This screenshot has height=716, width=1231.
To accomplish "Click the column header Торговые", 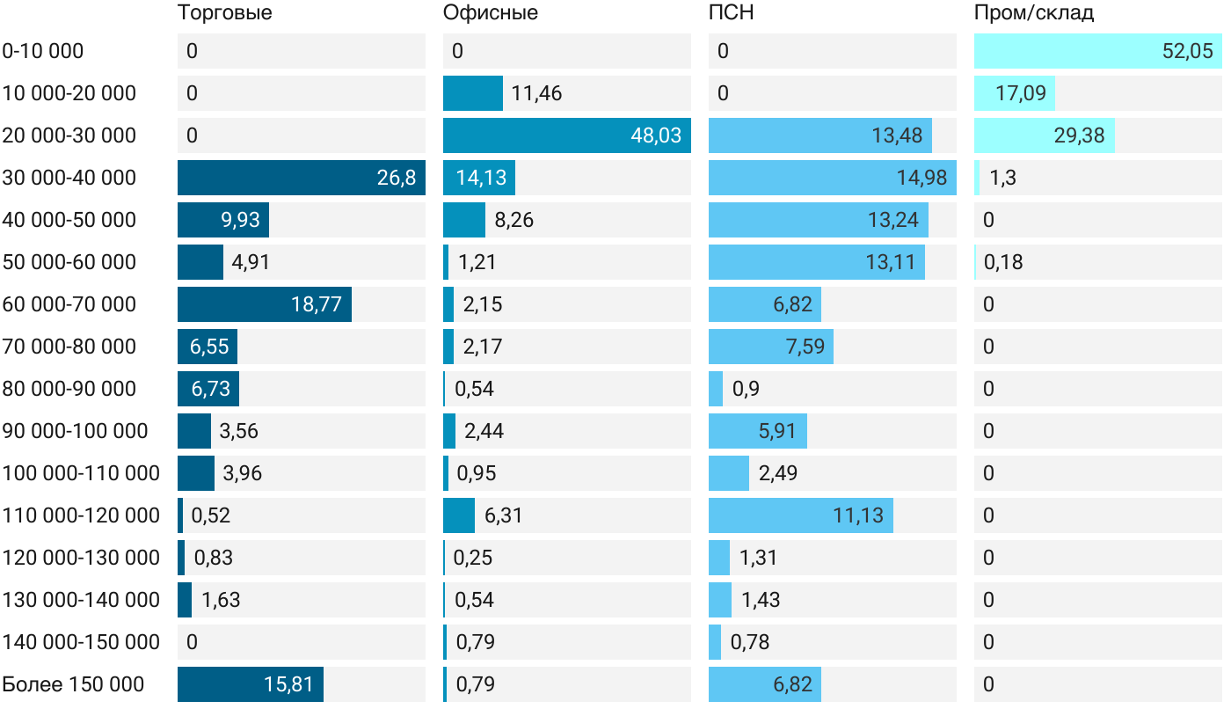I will (224, 13).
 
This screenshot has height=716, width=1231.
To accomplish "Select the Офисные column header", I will (490, 13).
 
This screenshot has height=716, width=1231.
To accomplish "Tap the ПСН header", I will (731, 13).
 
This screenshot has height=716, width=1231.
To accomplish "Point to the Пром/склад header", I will (1033, 13).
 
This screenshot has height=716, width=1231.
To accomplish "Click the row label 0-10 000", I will (43, 51).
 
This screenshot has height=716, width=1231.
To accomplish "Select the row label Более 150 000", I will (73, 684).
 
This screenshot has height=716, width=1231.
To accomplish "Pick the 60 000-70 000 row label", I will (69, 304).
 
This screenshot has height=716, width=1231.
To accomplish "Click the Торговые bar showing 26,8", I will (301, 178).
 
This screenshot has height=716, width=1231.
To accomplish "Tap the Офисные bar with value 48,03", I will (566, 135).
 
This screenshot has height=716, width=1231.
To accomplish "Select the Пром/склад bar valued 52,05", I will (1097, 51).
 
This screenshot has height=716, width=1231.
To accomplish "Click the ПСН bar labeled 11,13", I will (800, 515).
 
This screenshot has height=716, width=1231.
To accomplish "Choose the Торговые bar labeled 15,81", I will (250, 684).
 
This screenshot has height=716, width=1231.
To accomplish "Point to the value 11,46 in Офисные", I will (536, 93).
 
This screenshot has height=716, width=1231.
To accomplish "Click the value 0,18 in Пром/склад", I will (1003, 262).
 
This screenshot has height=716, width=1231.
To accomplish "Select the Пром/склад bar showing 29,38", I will (1044, 135).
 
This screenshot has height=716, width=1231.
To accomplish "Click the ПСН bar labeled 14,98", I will (832, 178).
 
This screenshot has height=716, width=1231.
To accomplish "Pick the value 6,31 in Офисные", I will (504, 515).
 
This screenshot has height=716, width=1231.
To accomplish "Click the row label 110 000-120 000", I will (81, 515).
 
